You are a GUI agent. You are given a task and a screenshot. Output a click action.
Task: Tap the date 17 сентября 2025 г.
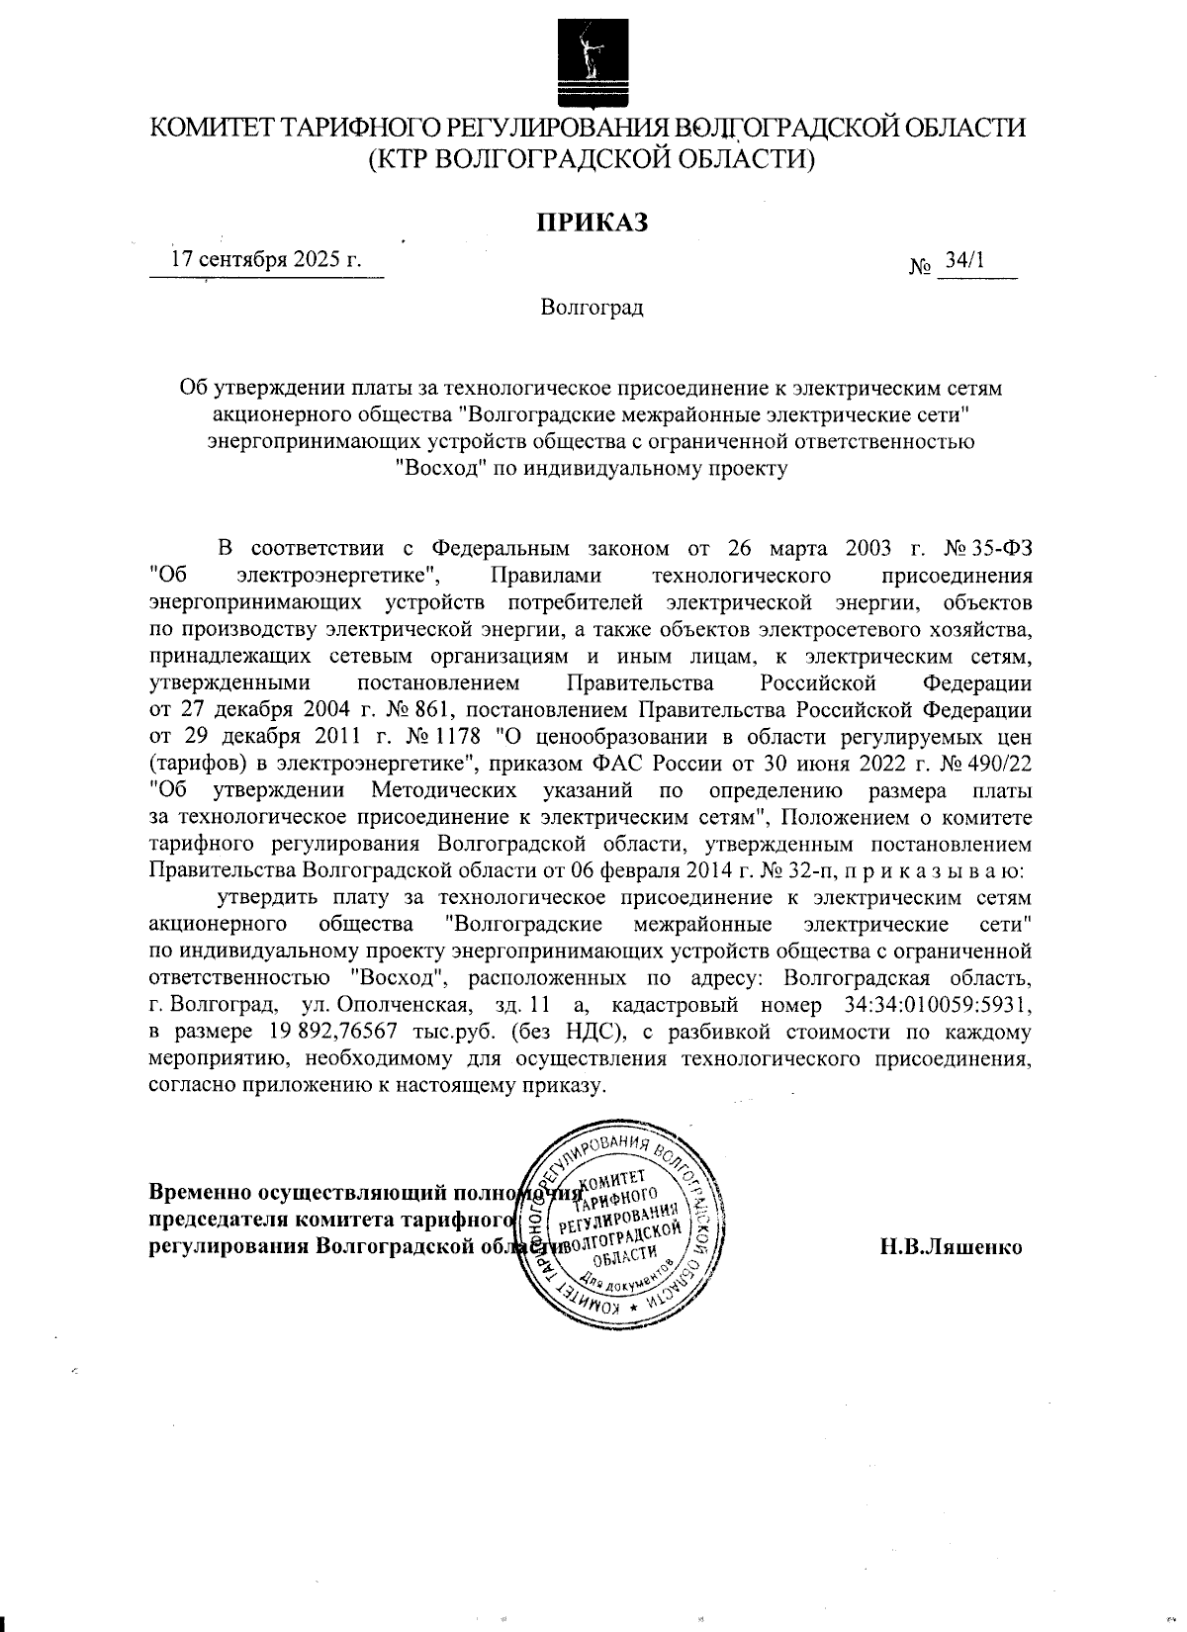point(266,260)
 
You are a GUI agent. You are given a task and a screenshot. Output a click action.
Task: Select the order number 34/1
point(964,260)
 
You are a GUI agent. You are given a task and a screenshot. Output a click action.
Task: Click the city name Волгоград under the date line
point(592,308)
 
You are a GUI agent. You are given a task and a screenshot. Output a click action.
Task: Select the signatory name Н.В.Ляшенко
point(951,1246)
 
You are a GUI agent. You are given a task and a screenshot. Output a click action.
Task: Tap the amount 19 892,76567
point(330,1033)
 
